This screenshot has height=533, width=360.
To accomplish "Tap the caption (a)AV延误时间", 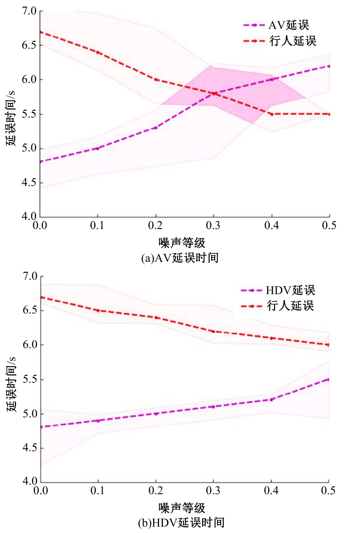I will coord(180,258).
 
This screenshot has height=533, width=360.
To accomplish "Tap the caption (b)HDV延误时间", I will coord(181,522).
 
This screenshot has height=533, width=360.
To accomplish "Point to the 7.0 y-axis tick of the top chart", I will coord(29,11).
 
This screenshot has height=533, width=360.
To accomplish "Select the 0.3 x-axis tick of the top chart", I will coord(213,226).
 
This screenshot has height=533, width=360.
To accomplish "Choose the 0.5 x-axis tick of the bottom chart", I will coord(328,490).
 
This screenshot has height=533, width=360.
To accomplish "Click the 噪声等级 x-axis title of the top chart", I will coord(182,242).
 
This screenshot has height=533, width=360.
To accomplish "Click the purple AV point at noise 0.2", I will coord(156,127).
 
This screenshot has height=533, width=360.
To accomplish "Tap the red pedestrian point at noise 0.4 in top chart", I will coord(271,114).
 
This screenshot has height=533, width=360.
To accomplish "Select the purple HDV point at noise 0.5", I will coord(328,379).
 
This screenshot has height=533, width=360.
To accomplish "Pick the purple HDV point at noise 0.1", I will coord(98,420).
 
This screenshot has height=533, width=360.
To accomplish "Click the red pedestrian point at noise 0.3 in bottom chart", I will coord(213,331).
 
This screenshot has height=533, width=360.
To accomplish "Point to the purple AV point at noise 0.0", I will coord(41,162).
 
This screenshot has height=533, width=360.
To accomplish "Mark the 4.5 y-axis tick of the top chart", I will coord(29,183).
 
